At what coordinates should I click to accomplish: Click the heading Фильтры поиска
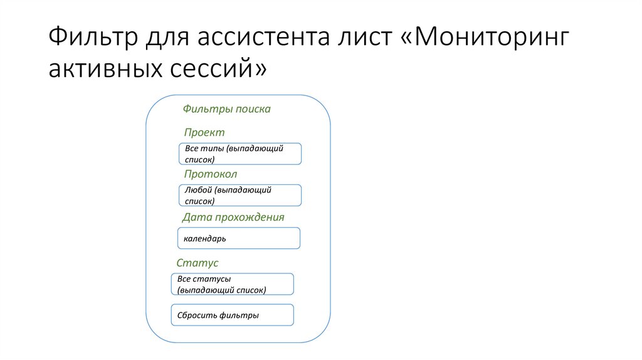click(226, 109)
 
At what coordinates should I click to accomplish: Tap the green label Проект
click(204, 132)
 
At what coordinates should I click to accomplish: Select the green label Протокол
click(211, 174)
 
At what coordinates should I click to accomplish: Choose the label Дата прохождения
click(233, 217)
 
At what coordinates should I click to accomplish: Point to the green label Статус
click(197, 263)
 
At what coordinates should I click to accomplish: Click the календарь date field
click(239, 238)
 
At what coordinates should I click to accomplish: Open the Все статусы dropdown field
click(233, 284)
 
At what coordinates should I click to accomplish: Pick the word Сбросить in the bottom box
click(197, 315)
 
